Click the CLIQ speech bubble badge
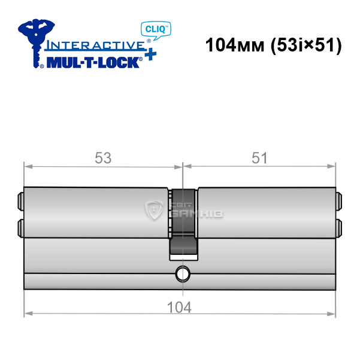(156, 30)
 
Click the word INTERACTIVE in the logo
(95, 45)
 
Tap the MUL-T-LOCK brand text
(93, 62)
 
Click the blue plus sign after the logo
(151, 54)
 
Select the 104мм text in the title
(235, 45)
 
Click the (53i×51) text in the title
(306, 45)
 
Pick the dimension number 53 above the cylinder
(103, 158)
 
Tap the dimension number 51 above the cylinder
(259, 158)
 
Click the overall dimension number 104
(179, 308)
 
